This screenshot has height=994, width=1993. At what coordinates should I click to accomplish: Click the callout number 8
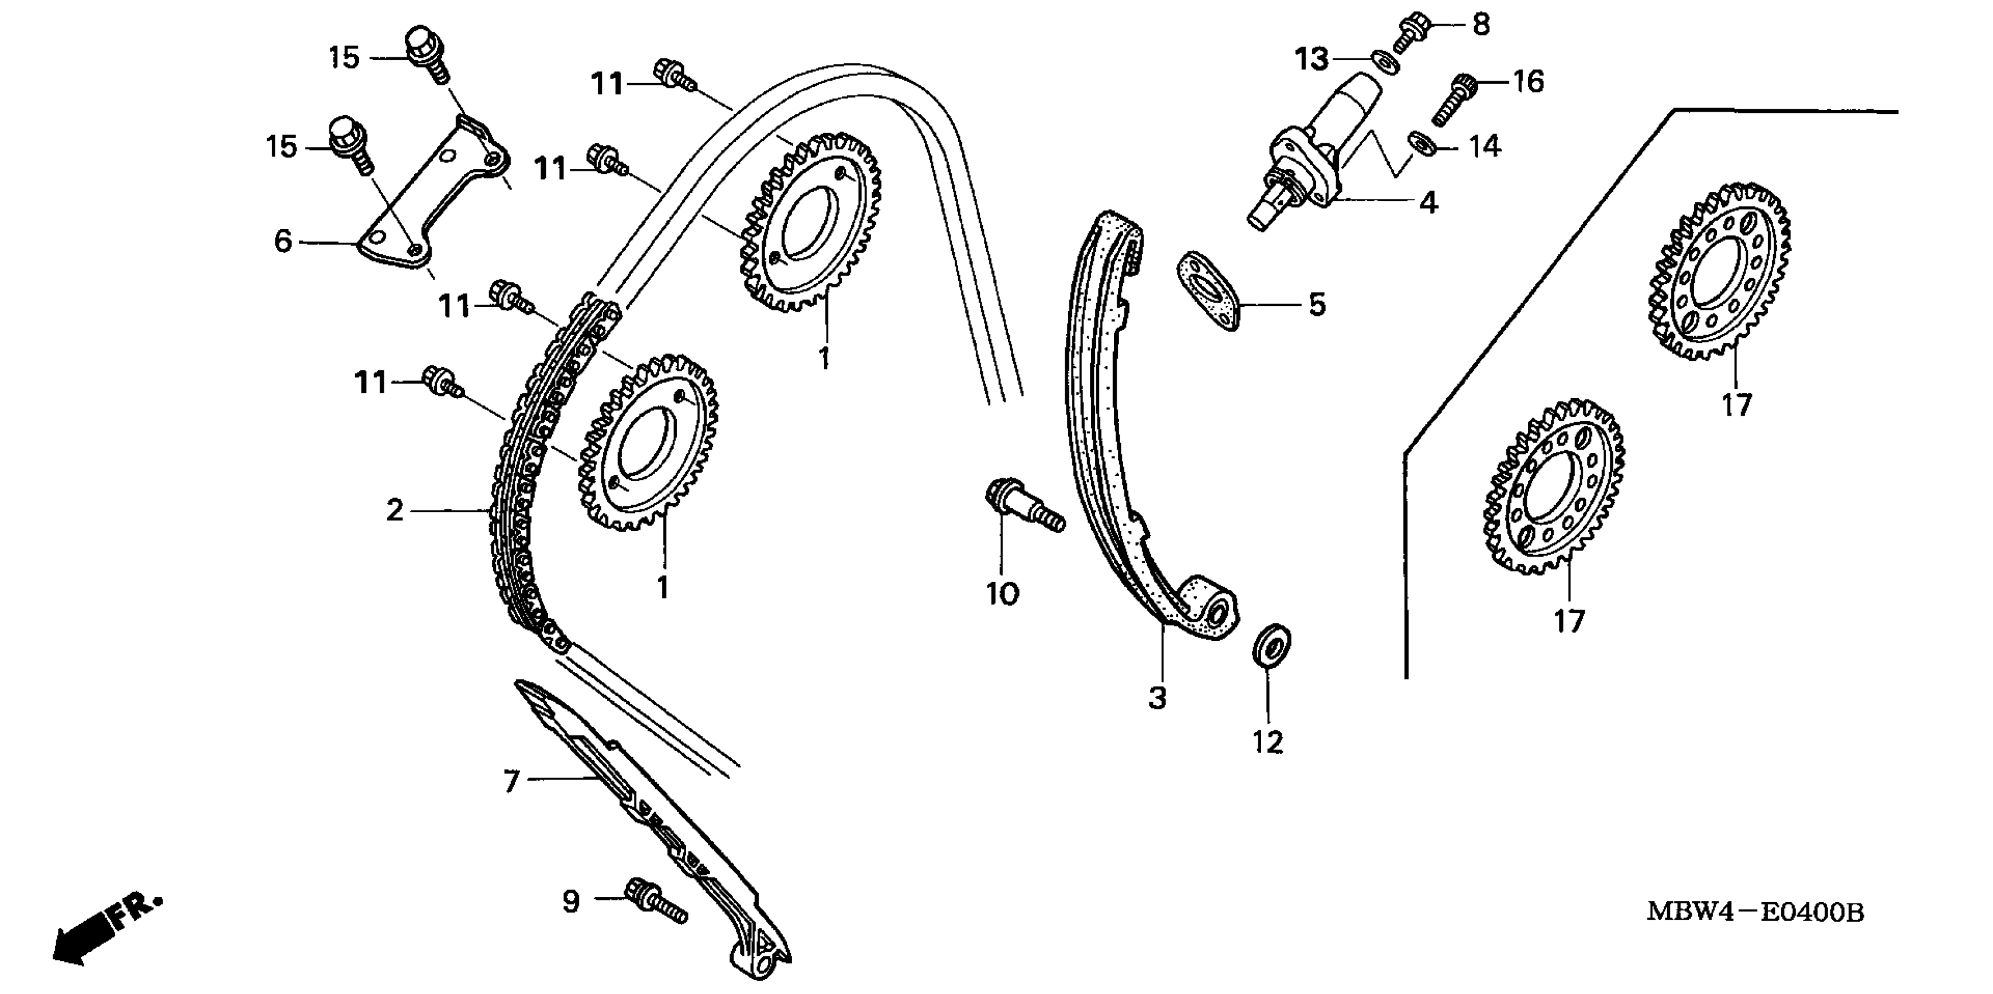tap(1481, 25)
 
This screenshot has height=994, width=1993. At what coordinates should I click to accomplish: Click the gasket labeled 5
tap(1209, 290)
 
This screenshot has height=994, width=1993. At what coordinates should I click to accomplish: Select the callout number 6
tap(283, 241)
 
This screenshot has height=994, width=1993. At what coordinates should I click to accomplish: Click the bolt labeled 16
tap(1453, 101)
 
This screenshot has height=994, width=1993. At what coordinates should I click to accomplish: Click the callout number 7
tap(511, 781)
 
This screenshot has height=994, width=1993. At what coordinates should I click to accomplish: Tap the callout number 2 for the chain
tap(395, 510)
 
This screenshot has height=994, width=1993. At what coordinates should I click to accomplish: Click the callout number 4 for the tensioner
tap(1429, 203)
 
